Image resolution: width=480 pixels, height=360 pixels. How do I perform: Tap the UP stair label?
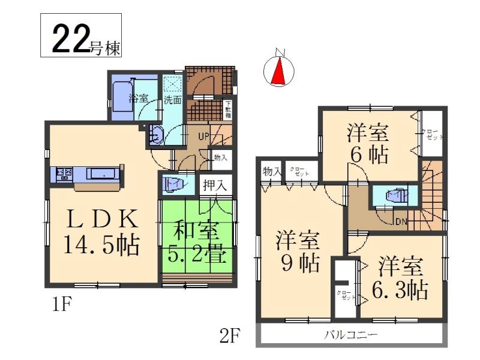(203, 136)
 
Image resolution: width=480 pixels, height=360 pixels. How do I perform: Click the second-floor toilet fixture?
(394, 196)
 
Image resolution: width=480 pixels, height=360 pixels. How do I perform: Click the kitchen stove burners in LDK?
(64, 175)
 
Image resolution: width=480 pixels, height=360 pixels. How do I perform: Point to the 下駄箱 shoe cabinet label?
(227, 110)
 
